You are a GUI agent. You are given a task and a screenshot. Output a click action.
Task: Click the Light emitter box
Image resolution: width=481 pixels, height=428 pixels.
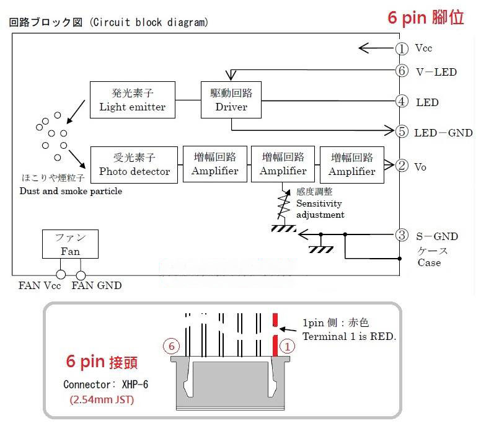tap(133, 100)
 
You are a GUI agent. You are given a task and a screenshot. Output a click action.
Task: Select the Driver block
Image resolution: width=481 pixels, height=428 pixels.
tap(231, 100)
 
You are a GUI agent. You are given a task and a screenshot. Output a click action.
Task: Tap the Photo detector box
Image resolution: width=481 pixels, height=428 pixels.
tap(134, 164)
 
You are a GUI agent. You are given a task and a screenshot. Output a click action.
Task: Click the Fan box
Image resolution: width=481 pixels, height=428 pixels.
tap(70, 244)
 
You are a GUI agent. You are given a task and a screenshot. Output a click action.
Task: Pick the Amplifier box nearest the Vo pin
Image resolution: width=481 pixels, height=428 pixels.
tap(352, 164)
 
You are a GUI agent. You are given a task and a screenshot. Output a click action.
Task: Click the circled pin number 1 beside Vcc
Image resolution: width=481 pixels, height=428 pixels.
tap(402, 48)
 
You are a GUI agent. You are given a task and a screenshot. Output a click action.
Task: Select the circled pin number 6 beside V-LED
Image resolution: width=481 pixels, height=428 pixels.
tap(402, 71)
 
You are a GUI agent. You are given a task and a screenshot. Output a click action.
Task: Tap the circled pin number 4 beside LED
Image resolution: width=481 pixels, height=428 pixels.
tap(402, 101)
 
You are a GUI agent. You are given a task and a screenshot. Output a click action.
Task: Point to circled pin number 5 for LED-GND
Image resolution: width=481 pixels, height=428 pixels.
tap(402, 132)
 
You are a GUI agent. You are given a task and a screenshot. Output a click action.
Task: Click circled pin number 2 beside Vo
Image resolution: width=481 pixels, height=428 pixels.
tap(402, 166)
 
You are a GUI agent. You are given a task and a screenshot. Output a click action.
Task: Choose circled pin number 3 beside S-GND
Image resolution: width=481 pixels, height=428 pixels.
tap(402, 235)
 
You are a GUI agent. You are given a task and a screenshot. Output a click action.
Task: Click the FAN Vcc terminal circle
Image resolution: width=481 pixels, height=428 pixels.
tap(61, 275)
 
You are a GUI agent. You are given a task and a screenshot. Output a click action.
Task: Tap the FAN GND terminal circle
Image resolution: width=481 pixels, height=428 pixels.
tap(81, 275)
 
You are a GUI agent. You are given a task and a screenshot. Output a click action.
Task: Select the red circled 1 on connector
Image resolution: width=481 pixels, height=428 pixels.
tap(287, 347)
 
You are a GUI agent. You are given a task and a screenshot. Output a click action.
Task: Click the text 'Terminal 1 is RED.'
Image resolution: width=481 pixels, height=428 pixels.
tap(349, 336)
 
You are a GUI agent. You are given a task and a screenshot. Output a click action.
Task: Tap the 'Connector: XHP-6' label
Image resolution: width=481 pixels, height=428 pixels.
tap(105, 385)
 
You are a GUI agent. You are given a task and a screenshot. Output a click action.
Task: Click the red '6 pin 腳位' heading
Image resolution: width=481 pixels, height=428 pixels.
tap(425, 17)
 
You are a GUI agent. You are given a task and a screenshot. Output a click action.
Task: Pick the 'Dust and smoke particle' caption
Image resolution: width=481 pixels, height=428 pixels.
tap(71, 191)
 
